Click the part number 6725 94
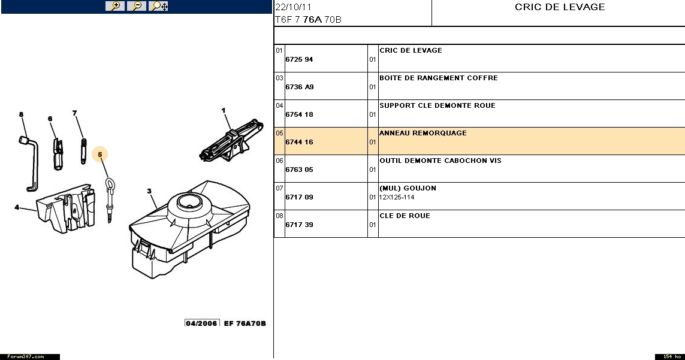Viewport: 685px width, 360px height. pyautogui.click(x=299, y=59)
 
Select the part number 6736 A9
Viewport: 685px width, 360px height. pyautogui.click(x=300, y=87)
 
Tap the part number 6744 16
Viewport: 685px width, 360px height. pyautogui.click(x=299, y=142)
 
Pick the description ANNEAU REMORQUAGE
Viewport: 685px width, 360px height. pyautogui.click(x=423, y=133)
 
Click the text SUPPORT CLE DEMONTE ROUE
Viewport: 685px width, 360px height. pyautogui.click(x=437, y=105)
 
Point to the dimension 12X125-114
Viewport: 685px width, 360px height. pyautogui.click(x=397, y=197)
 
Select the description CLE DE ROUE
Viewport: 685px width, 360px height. pyautogui.click(x=405, y=216)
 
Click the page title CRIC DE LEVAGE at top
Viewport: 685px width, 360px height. pyautogui.click(x=560, y=7)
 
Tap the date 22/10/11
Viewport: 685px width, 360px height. pyautogui.click(x=293, y=7)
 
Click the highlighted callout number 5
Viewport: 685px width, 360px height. pyautogui.click(x=100, y=155)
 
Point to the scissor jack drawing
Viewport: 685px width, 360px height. pyautogui.click(x=231, y=140)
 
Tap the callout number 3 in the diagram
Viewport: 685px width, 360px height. pyautogui.click(x=149, y=191)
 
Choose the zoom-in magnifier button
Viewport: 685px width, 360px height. pyautogui.click(x=115, y=6)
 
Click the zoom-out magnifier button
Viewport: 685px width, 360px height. pyautogui.click(x=136, y=6)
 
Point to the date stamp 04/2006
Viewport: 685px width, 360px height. pyautogui.click(x=201, y=323)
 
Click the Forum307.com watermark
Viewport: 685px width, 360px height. pyautogui.click(x=26, y=357)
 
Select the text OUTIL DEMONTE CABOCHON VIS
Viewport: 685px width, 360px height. pyautogui.click(x=440, y=161)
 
